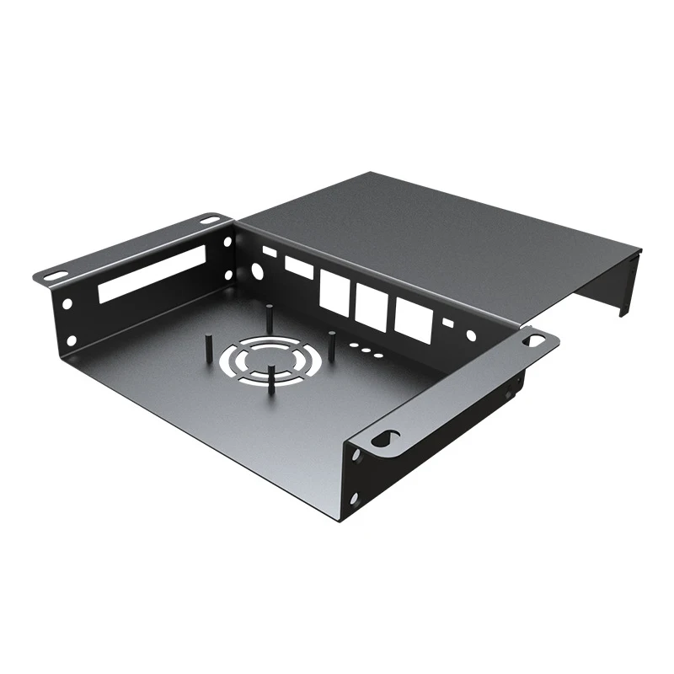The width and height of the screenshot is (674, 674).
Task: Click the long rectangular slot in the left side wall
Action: click(152, 275)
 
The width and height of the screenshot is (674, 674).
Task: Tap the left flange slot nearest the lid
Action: click(209, 220)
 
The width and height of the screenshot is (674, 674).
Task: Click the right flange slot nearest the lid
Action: click(534, 340)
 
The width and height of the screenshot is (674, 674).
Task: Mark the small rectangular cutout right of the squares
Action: click(447, 323)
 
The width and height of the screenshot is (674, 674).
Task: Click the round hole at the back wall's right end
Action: click(470, 335)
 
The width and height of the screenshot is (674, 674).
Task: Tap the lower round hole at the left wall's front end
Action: click(71, 340)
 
